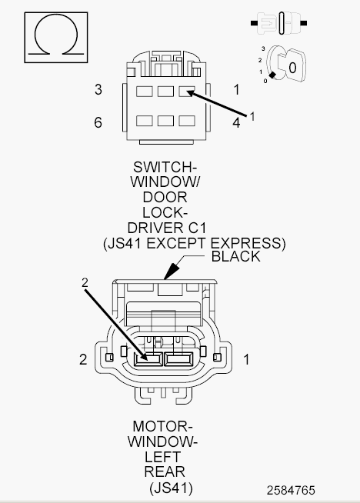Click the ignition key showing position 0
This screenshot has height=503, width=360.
point(285,64)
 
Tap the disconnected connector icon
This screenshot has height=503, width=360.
point(278,23)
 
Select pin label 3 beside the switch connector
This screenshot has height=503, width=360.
point(98,89)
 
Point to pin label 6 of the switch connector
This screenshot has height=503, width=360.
point(98,122)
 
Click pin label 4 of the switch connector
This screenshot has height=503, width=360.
point(236,122)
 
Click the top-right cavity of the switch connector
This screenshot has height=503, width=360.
point(187,92)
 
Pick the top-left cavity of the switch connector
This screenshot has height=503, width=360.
point(145,92)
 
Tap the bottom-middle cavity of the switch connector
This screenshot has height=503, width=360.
point(165,121)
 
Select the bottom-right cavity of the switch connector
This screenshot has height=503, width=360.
point(187,121)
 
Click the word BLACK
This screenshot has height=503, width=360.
point(236,257)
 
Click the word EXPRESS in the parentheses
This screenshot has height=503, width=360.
point(248,244)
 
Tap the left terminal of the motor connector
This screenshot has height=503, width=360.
point(148,359)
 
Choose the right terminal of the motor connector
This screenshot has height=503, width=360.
point(178,359)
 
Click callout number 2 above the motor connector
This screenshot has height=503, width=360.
point(85,282)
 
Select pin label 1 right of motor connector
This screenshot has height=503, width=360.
point(246,359)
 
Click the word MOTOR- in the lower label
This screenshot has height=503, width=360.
point(162,426)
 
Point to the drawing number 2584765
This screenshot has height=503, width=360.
point(291,490)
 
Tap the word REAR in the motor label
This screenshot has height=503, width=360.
point(165,472)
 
